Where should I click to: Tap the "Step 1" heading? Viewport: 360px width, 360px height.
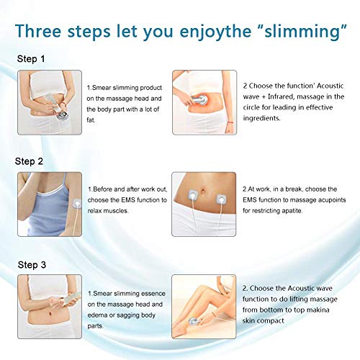click(x=31, y=59)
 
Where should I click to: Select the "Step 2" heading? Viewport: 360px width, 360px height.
click(x=29, y=161)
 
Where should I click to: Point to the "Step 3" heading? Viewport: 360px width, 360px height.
click(x=32, y=265)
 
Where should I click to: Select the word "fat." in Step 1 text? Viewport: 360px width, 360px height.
click(x=91, y=120)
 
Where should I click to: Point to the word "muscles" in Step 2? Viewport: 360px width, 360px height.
click(x=115, y=211)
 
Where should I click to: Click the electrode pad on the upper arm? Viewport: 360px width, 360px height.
click(x=77, y=204)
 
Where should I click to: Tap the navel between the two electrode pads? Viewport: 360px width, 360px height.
click(x=203, y=192)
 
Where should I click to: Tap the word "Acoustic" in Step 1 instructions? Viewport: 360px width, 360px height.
click(x=330, y=86)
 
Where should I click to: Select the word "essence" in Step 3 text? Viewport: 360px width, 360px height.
click(x=153, y=294)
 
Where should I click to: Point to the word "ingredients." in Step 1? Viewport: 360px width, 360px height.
click(x=261, y=118)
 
